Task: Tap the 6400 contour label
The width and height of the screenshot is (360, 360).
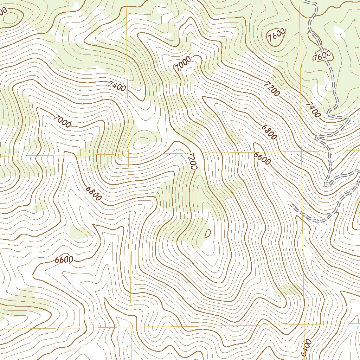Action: tap(306, 348)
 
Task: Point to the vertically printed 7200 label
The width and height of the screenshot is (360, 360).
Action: tap(192, 161)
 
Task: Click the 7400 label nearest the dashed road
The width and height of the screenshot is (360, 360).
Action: tap(313, 110)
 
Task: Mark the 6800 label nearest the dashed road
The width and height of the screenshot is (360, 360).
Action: tap(269, 132)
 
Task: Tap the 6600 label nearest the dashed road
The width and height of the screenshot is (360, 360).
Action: tap(262, 158)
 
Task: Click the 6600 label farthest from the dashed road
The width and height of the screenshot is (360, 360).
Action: tap(64, 260)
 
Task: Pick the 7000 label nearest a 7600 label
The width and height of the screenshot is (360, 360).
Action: tap(183, 63)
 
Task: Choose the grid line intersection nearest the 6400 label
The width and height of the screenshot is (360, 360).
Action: tap(304, 326)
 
